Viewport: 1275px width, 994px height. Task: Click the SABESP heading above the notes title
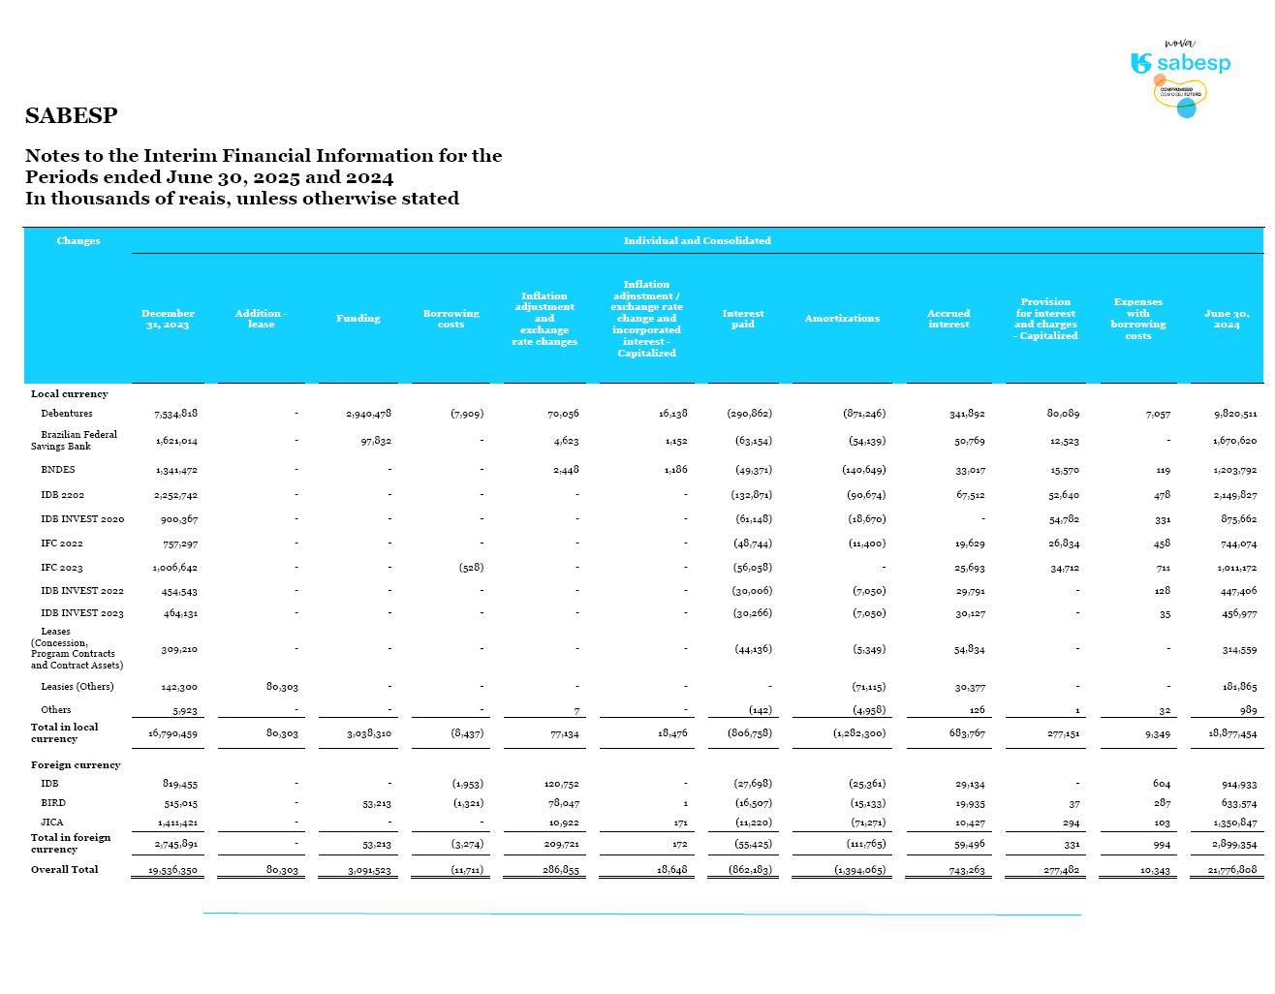(71, 115)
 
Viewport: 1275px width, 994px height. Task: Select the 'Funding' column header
(358, 319)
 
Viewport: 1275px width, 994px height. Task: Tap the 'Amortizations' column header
(842, 319)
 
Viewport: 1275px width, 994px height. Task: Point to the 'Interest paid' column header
(742, 319)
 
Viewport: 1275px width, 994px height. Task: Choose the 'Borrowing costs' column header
(451, 319)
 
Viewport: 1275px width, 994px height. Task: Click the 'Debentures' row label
(67, 414)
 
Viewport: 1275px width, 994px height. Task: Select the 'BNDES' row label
(58, 470)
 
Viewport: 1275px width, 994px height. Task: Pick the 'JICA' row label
(53, 823)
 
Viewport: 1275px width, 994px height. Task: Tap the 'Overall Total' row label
(64, 869)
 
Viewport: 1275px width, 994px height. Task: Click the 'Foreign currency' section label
(76, 765)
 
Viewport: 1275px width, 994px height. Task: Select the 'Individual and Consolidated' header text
(697, 240)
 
